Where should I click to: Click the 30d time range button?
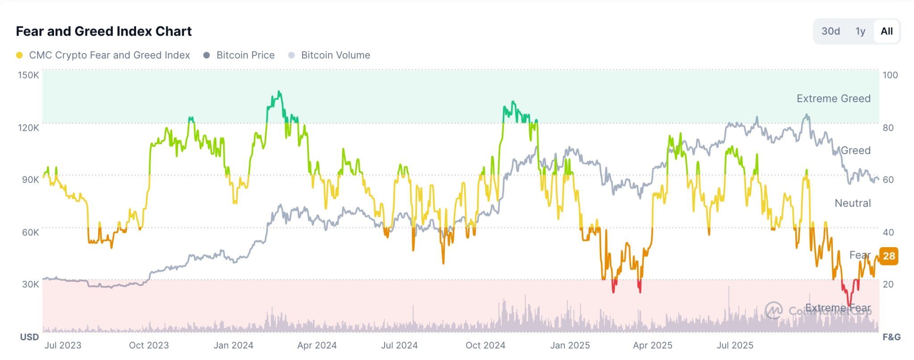pos(831,31)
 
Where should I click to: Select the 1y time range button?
pos(860,31)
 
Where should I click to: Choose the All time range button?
pos(886,31)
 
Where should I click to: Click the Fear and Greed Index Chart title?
pos(104,31)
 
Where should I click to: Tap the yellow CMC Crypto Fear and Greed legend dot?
pos(19,55)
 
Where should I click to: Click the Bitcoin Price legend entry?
pos(245,55)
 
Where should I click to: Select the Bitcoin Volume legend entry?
pos(335,55)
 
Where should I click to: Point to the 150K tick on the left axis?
pos(28,75)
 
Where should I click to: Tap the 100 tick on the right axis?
pos(890,75)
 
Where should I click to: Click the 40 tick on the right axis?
pos(888,232)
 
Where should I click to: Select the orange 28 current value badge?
pos(889,256)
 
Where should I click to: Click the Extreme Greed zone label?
pos(833,99)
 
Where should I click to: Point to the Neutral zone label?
pos(852,203)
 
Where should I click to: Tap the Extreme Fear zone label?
pos(838,308)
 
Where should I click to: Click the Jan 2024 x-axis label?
pos(233,345)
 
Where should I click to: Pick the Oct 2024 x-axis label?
pos(485,345)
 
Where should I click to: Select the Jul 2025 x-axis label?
pos(735,345)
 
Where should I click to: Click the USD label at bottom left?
pos(29,337)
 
